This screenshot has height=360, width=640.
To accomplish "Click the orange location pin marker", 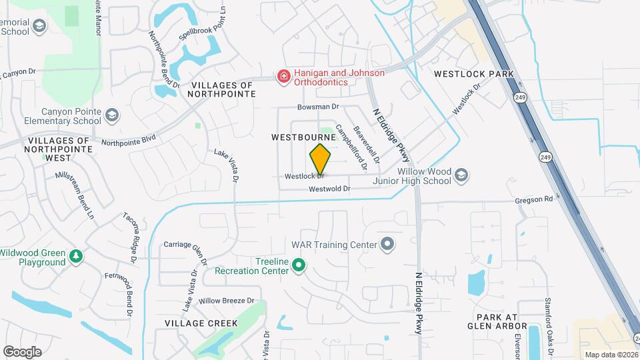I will (x=320, y=159).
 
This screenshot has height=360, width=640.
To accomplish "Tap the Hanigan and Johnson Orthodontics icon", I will (x=284, y=77).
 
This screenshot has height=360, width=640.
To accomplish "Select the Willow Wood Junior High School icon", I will (x=461, y=176).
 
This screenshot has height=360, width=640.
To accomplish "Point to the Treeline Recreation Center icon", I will (x=299, y=266).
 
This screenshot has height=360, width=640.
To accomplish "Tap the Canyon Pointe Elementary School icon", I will (x=111, y=116).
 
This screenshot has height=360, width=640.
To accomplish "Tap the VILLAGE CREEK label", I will (x=201, y=323).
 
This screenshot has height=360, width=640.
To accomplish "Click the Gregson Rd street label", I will (x=534, y=199).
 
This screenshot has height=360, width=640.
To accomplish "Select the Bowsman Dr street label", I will (x=319, y=107).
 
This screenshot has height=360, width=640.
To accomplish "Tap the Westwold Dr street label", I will (x=329, y=189).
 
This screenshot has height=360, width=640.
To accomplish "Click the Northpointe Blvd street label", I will (x=128, y=141).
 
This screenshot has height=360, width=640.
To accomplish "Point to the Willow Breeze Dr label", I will (x=227, y=301).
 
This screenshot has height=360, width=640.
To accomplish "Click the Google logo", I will (x=22, y=351).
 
